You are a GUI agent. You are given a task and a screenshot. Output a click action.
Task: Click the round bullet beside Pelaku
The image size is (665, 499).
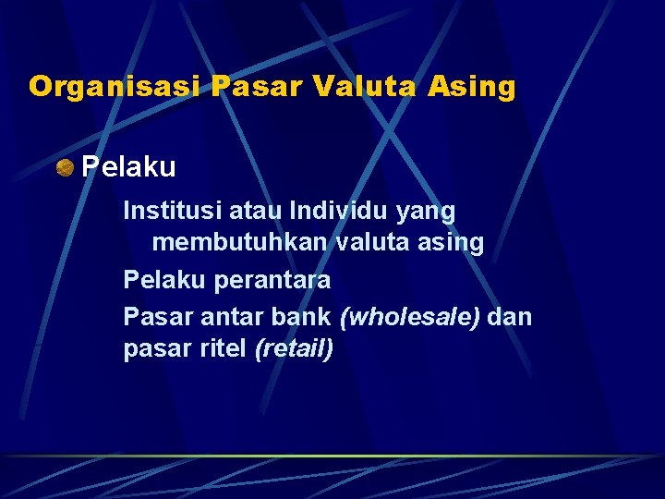tap(65, 167)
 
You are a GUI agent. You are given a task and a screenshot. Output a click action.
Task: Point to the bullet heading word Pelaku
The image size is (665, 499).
tap(128, 167)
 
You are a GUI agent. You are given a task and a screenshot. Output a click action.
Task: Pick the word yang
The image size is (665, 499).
tap(429, 212)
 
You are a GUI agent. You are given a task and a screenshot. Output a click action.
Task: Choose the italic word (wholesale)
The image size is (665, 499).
tap(410, 316)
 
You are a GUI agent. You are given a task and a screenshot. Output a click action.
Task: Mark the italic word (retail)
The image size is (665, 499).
tap(293, 349)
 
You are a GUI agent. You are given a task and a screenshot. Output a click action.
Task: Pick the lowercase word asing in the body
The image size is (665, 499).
tap(452, 243)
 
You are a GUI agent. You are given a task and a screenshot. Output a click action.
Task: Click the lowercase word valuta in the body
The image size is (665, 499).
tap(367, 243)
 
